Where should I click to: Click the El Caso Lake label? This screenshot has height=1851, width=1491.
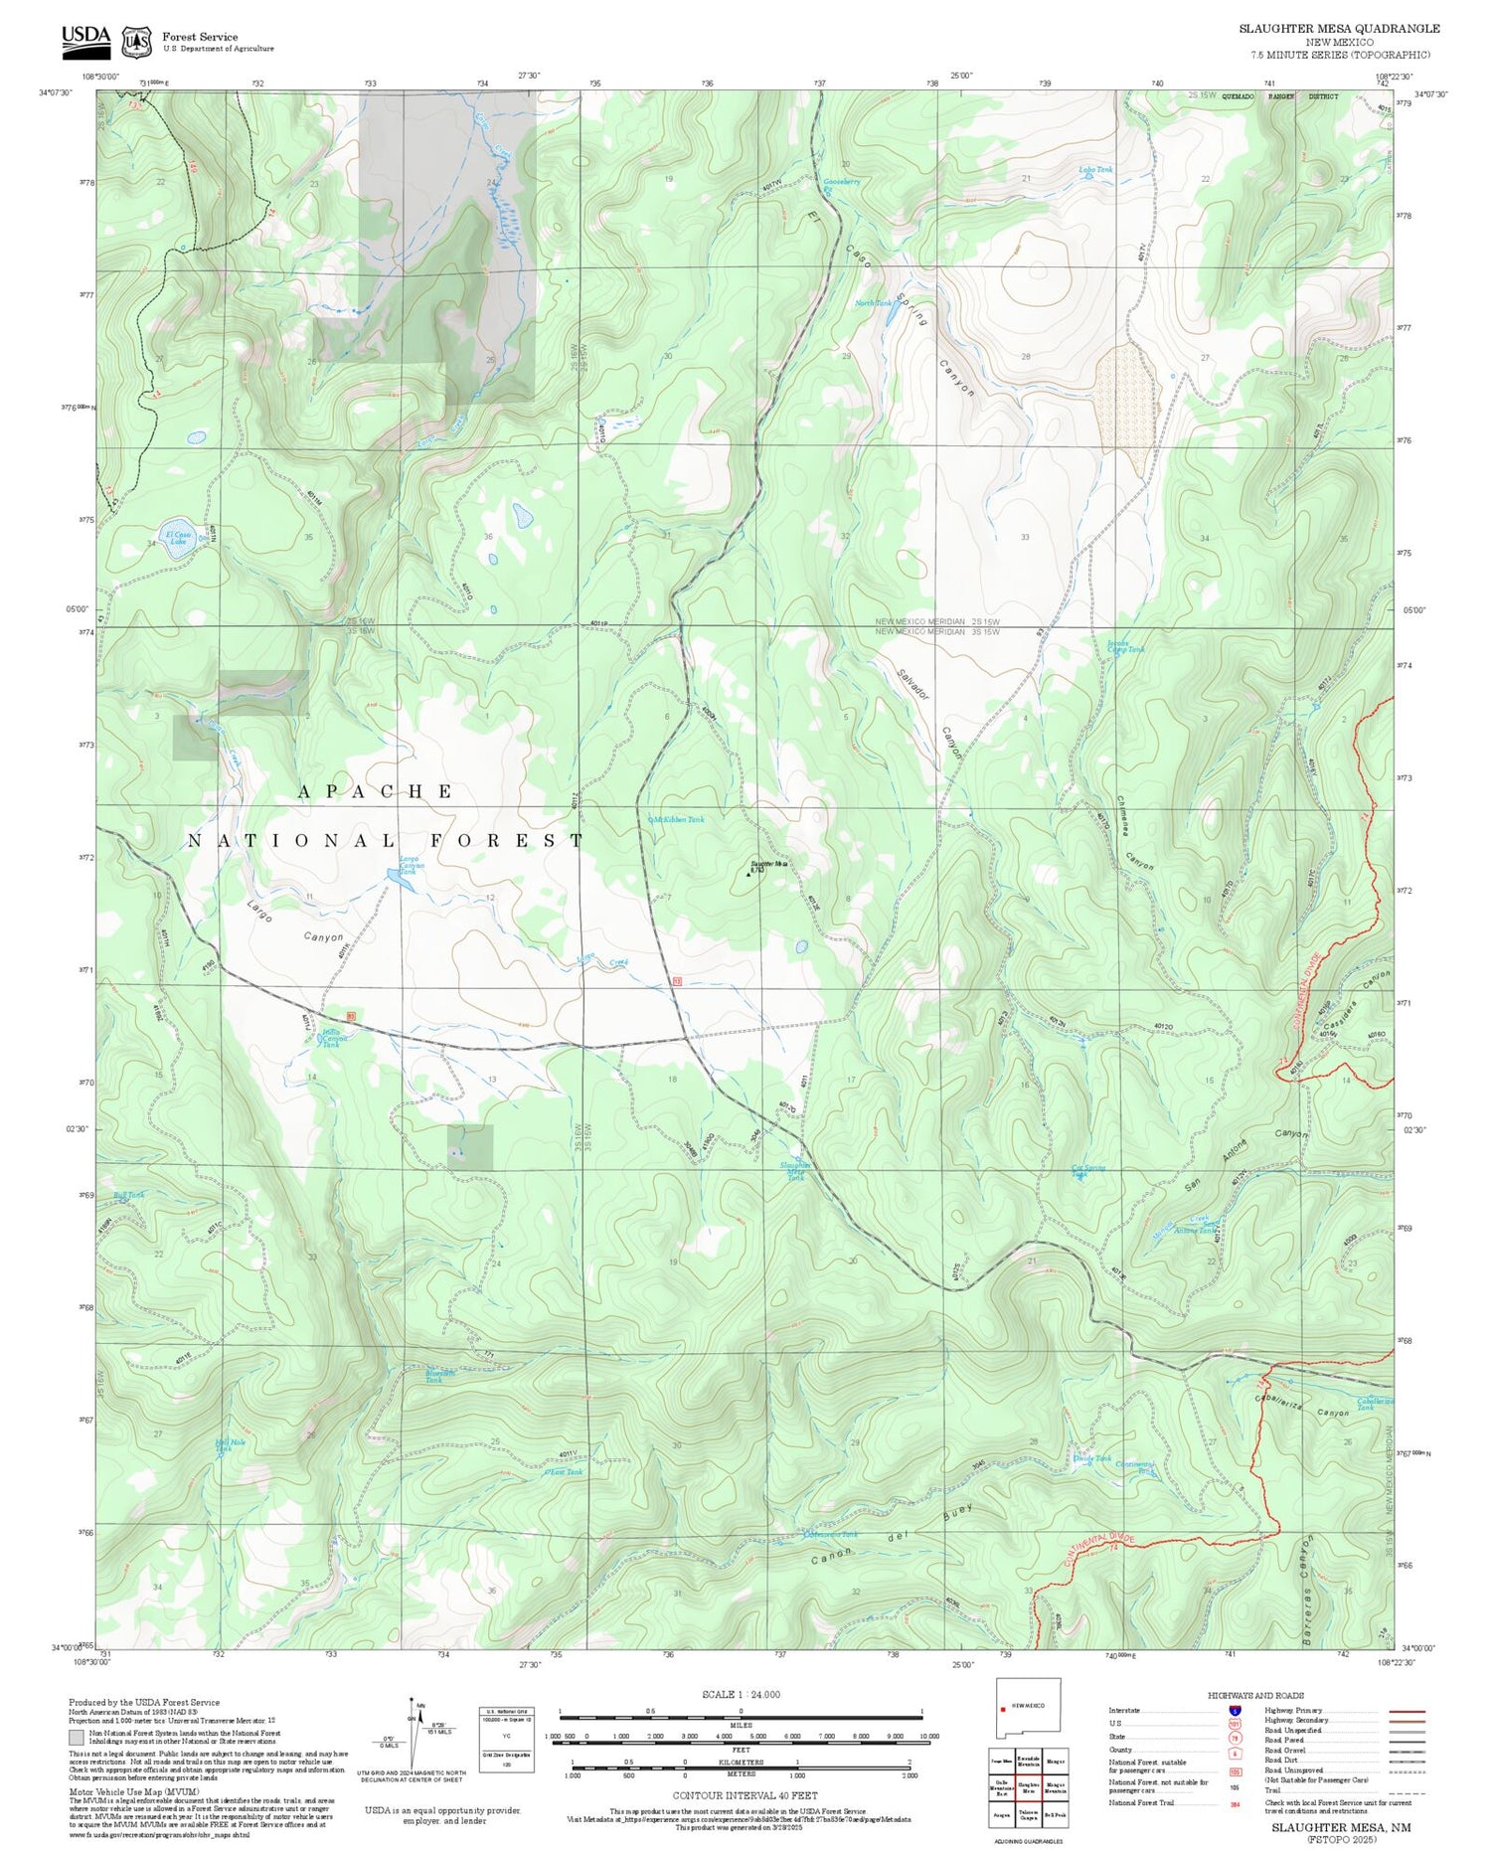pos(178,538)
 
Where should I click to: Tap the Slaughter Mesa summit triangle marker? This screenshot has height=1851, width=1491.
pos(748,875)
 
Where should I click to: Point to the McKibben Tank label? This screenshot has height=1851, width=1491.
pos(678,820)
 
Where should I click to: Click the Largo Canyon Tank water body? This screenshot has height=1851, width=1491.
pos(396,877)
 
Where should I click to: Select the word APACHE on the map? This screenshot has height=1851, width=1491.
pos(376,791)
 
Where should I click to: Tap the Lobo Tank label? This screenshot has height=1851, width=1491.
pos(1095,170)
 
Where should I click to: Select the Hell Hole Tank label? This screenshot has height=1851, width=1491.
pos(230,1445)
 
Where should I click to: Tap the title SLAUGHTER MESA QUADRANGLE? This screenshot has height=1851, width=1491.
pos(1338,28)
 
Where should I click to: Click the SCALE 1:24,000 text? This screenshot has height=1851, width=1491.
pos(741,1694)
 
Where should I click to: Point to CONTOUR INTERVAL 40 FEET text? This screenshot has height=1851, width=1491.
pos(745,1795)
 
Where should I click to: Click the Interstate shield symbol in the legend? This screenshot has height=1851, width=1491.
pos(1235,1710)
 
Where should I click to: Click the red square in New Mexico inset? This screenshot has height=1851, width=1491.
pos(1003,1710)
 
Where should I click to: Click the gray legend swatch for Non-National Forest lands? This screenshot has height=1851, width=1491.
pos(77,1738)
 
